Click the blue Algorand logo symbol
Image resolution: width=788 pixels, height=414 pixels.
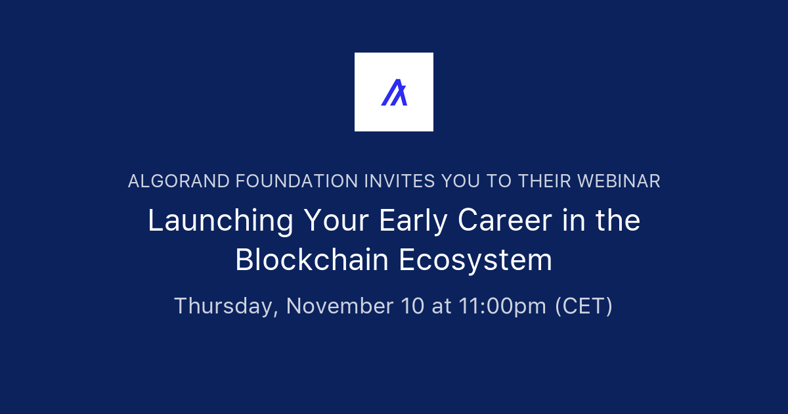point(394,92)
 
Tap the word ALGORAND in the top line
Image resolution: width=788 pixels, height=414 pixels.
point(168,181)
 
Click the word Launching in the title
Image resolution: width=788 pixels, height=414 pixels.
point(220,221)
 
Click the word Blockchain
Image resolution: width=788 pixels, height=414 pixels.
point(313,260)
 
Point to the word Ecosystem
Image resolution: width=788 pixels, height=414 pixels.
point(475,260)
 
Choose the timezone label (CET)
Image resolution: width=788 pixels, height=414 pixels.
point(584,306)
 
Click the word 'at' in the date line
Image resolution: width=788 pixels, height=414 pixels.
point(441,306)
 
